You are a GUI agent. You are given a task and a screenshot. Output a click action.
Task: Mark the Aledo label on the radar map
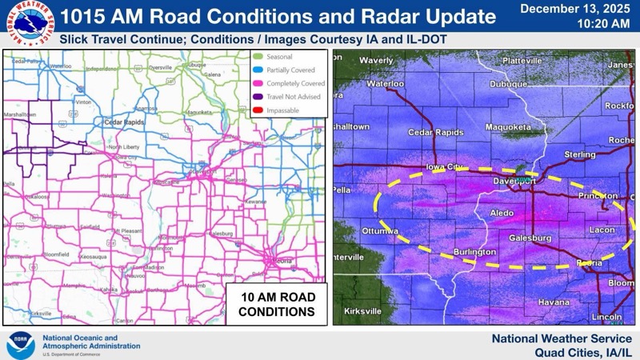[x=502, y=214]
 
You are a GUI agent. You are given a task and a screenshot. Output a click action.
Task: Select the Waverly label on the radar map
[x=376, y=61]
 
